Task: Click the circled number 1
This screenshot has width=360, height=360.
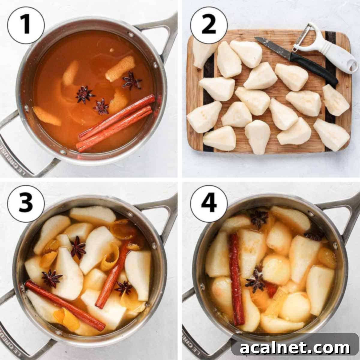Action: (26, 25)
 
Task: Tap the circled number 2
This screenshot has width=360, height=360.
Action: (209, 25)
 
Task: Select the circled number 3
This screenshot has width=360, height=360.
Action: (26, 204)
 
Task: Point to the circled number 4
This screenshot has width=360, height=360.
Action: (209, 204)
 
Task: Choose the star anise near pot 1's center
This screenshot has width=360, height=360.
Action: (84, 95)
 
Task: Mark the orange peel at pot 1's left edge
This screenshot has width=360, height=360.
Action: (47, 116)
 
